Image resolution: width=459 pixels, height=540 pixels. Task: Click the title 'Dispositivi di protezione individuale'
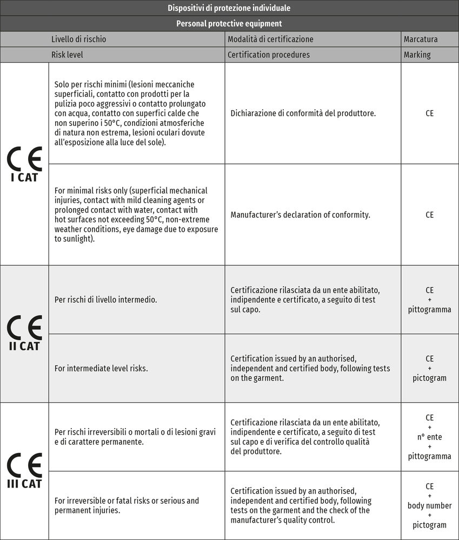tap(229, 8)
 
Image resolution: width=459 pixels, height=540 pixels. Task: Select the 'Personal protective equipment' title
tap(229, 24)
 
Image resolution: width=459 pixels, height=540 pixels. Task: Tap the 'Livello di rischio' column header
tap(79, 39)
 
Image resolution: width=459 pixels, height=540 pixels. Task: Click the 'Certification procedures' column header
tap(269, 55)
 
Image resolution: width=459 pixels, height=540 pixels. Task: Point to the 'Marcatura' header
tap(421, 39)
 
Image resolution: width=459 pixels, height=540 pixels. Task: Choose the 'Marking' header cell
tap(417, 55)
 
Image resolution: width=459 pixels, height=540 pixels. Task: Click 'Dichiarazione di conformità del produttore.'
tap(303, 114)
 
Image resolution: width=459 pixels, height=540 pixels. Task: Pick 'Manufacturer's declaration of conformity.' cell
tap(301, 215)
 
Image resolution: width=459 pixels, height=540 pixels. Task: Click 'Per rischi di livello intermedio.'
tap(106, 299)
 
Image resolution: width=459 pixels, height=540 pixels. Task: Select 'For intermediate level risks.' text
tap(101, 368)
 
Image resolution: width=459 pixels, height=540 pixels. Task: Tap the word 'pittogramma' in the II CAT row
tap(429, 310)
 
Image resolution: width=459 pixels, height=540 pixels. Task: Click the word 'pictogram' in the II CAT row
tap(429, 378)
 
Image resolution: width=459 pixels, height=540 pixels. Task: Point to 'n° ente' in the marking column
tap(429, 437)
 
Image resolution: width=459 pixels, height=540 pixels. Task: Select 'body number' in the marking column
tap(429, 505)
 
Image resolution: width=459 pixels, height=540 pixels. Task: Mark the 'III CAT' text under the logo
tap(24, 483)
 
